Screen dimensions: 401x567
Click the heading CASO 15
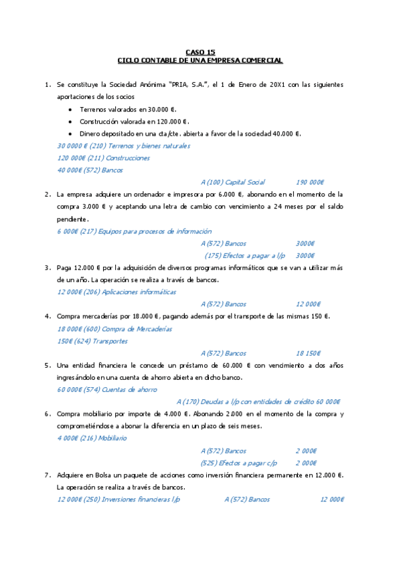200,51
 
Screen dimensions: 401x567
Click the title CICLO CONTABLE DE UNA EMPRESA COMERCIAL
200,60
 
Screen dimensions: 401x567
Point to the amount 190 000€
310,182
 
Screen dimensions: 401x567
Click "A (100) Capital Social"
232,182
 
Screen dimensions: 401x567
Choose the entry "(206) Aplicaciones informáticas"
131,292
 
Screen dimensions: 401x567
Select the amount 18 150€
310,353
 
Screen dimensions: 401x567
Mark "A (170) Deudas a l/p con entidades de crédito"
245,402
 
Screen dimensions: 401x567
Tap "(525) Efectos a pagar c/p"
239,463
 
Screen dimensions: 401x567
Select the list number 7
48,475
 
